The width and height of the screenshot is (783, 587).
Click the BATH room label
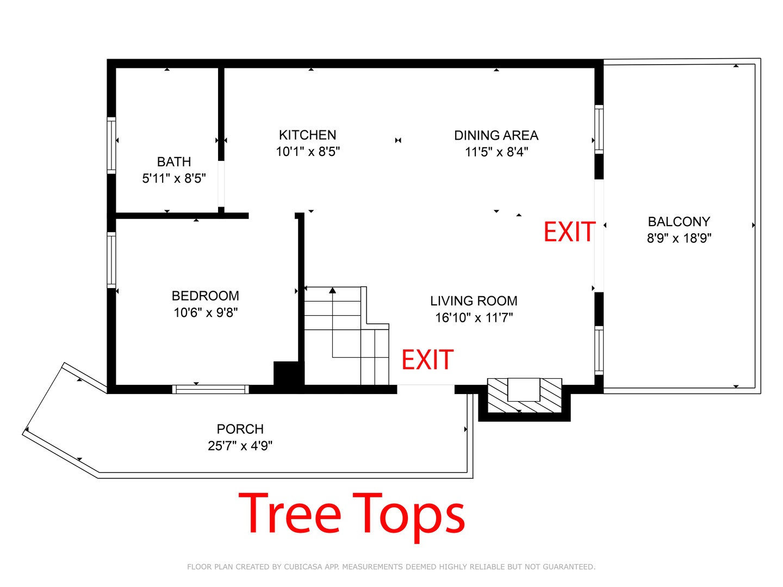tap(173, 162)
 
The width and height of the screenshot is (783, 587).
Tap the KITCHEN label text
tap(307, 135)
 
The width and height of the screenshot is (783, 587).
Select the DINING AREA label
tap(496, 135)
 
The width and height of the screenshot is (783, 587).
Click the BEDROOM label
tap(205, 296)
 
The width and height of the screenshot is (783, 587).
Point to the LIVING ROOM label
tap(474, 301)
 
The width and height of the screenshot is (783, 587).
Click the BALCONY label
tap(679, 222)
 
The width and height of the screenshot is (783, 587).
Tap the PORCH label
tap(240, 429)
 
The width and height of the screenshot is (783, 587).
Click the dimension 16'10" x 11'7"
tap(474, 317)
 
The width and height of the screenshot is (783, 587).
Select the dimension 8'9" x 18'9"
tap(679, 238)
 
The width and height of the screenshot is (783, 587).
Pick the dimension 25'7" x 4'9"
tap(240, 446)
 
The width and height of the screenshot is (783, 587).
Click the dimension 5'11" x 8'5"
tap(173, 178)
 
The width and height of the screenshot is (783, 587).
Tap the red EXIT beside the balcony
tap(569, 232)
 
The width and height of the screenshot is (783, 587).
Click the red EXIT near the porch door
tap(427, 360)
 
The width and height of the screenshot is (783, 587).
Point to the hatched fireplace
tap(524, 395)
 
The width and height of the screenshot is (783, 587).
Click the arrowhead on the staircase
tap(332, 290)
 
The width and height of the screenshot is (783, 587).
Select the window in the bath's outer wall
tap(111, 146)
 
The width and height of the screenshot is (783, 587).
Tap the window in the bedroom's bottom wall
tap(210, 389)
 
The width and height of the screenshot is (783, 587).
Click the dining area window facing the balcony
tap(599, 130)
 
